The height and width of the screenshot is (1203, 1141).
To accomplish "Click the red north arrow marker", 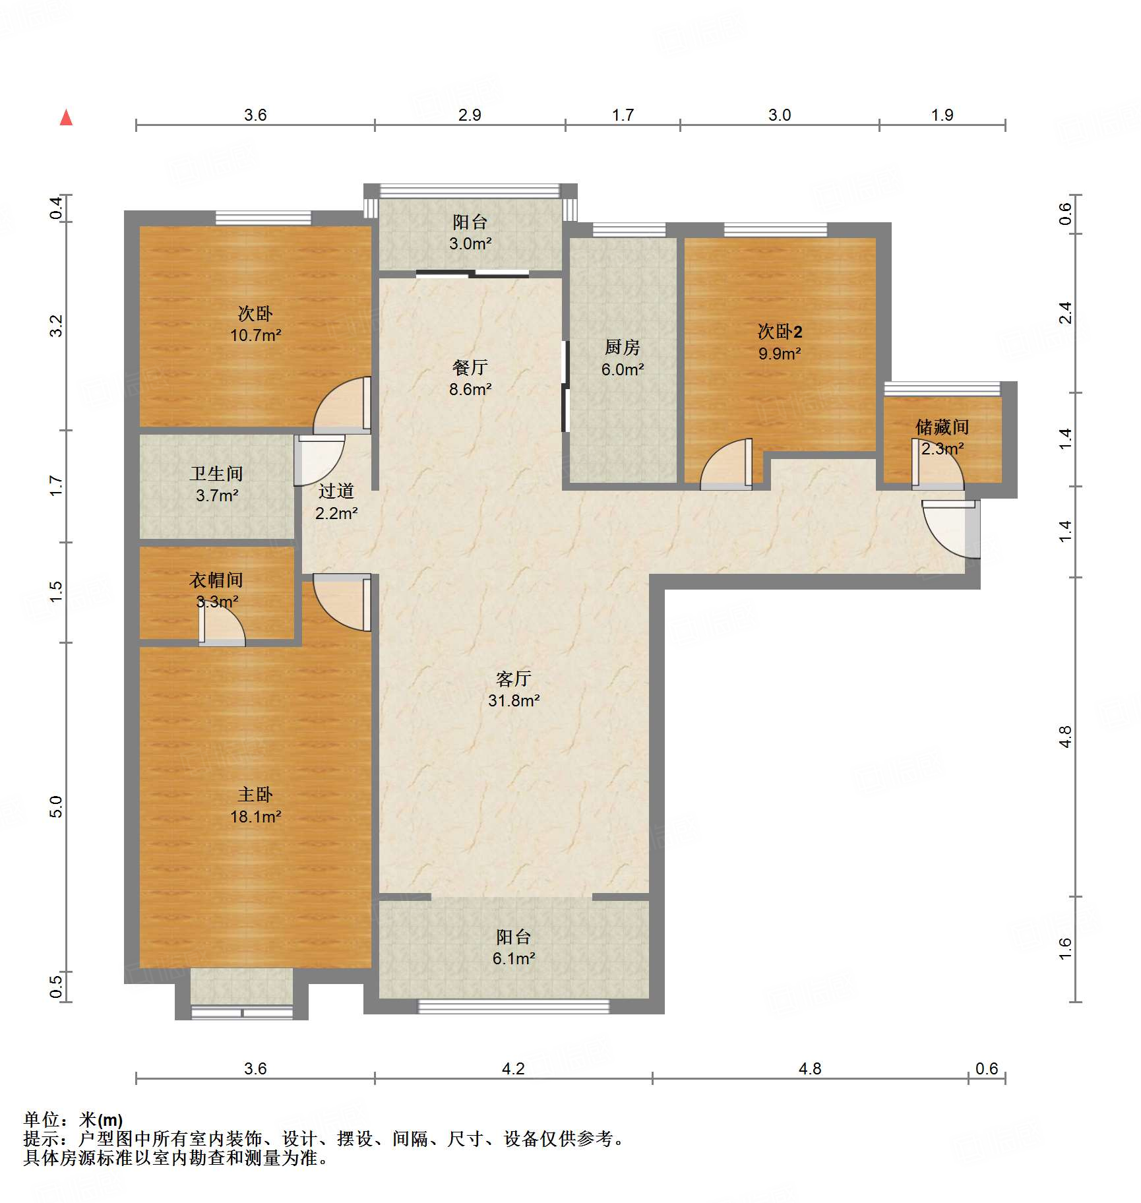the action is (x=66, y=117).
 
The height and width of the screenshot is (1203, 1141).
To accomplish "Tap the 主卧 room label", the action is (x=255, y=794).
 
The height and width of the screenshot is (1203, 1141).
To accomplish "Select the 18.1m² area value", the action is (x=255, y=817).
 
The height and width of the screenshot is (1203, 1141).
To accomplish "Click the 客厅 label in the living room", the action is (x=513, y=679).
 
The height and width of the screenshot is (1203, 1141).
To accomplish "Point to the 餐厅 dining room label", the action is (x=470, y=367).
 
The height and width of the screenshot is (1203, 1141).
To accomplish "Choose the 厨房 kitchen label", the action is (x=623, y=347).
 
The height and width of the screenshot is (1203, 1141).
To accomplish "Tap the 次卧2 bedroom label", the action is (x=780, y=331).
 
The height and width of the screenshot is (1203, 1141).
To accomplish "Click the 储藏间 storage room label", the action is (x=942, y=427).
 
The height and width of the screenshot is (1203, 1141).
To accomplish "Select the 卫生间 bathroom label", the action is (x=216, y=474).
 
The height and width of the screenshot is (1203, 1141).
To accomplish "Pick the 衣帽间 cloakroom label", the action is (x=216, y=580).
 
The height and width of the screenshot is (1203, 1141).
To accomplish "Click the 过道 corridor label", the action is (x=336, y=491).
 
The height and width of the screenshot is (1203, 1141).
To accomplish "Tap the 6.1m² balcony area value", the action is (x=514, y=958).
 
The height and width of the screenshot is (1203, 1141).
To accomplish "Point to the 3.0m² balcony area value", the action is (x=470, y=243).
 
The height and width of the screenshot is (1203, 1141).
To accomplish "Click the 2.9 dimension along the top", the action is (x=470, y=115).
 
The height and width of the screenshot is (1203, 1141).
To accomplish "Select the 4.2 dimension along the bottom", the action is (x=513, y=1068).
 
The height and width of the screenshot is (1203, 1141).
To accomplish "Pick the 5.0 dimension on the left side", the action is (x=56, y=807).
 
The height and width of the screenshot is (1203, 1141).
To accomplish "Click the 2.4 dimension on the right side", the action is (x=1065, y=313).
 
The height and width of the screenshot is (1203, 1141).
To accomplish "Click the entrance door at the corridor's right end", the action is (x=951, y=529).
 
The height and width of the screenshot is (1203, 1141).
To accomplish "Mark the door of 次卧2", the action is (x=726, y=464).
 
